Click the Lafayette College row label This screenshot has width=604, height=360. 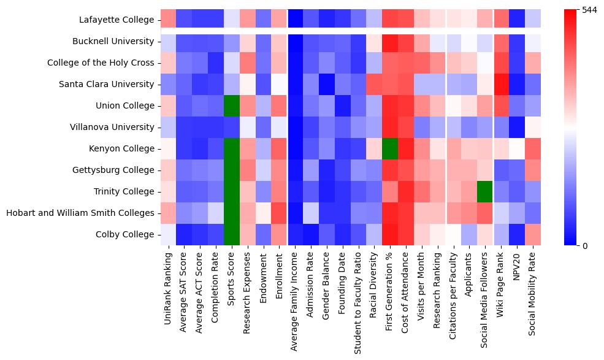(x=117, y=20)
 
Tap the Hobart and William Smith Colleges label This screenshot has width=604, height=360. (x=80, y=213)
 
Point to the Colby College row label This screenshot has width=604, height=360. (x=124, y=235)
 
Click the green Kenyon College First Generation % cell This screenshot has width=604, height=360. (x=391, y=149)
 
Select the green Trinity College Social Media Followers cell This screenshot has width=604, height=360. (x=487, y=192)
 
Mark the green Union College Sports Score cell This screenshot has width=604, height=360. (x=232, y=106)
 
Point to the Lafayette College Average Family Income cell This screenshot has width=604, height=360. (x=296, y=20)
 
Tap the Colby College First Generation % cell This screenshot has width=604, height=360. (x=391, y=235)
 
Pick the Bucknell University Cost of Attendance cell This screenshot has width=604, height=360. (x=407, y=42)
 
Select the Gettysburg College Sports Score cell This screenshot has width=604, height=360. (x=232, y=170)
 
